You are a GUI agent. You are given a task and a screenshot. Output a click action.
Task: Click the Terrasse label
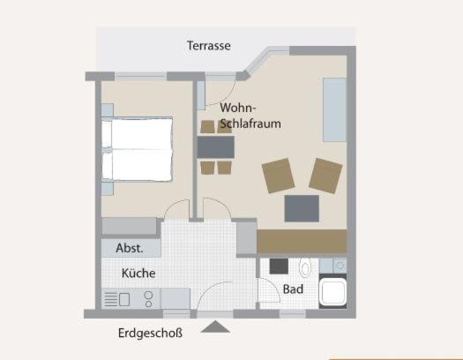click(x=209, y=46)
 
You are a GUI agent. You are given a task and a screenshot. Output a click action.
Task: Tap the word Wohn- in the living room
click(x=238, y=108)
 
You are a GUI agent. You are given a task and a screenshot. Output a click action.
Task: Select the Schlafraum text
click(x=250, y=124)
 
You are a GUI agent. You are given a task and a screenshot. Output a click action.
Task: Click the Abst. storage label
click(x=130, y=248)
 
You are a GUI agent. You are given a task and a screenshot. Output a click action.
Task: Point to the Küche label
click(x=138, y=274)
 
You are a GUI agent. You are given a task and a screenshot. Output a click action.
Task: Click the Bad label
click(x=293, y=289)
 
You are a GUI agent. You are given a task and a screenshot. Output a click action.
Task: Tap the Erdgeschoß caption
click(x=150, y=334)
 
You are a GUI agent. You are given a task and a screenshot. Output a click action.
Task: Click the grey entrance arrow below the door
click(x=215, y=326)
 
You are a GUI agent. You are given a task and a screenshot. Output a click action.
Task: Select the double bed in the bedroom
click(x=137, y=149)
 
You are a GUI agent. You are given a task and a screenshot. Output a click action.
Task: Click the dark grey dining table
click(x=216, y=147)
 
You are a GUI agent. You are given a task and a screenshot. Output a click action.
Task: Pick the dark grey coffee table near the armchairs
click(x=302, y=208)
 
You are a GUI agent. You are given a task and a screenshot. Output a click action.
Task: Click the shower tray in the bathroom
click(x=332, y=292)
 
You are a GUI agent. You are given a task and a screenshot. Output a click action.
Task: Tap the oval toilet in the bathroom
click(x=305, y=267)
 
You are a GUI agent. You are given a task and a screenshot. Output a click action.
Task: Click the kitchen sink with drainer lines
click(x=116, y=299)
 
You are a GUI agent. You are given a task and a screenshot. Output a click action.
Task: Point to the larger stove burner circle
click(x=148, y=295)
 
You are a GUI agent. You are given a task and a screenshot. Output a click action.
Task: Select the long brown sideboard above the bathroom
click(x=302, y=241)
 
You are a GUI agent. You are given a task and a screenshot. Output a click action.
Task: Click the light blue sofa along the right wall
click(x=334, y=109)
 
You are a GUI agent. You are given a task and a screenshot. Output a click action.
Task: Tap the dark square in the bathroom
click(x=279, y=266)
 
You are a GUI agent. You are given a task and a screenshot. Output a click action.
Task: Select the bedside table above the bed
click(x=108, y=110)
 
